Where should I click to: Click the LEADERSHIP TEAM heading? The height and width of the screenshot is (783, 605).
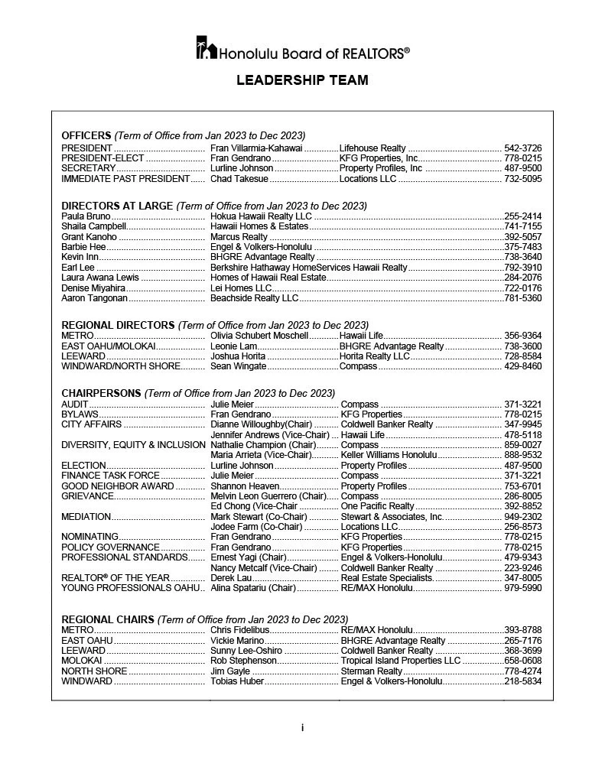[x=302, y=80]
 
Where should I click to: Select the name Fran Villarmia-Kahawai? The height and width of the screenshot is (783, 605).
[x=256, y=148]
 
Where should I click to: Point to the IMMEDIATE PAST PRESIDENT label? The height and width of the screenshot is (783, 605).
[x=125, y=179]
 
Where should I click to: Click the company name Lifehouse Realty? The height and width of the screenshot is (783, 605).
[x=372, y=148]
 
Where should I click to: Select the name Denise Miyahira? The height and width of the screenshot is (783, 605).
[x=93, y=288]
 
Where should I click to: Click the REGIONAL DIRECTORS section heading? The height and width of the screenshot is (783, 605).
[x=118, y=325]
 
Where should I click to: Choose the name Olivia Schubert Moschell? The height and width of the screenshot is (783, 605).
[x=259, y=336]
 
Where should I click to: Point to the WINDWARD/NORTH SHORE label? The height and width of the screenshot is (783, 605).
[x=122, y=366]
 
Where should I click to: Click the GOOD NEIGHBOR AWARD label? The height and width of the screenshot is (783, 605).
[x=117, y=486]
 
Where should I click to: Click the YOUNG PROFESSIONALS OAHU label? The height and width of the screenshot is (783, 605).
[x=130, y=588]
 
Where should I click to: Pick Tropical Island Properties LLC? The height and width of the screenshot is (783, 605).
[x=401, y=661]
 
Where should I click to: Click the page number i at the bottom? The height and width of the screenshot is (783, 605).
[x=302, y=728]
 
